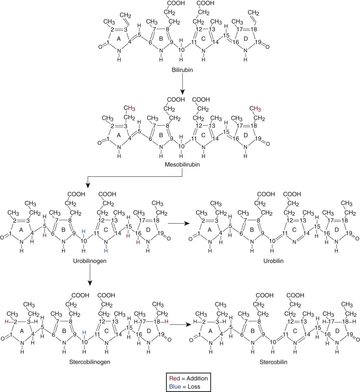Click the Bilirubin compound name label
pyautogui.click(x=181, y=69)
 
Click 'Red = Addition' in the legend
pyautogui.click(x=180, y=378)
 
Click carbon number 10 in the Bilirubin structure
pyautogui.click(x=181, y=50)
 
